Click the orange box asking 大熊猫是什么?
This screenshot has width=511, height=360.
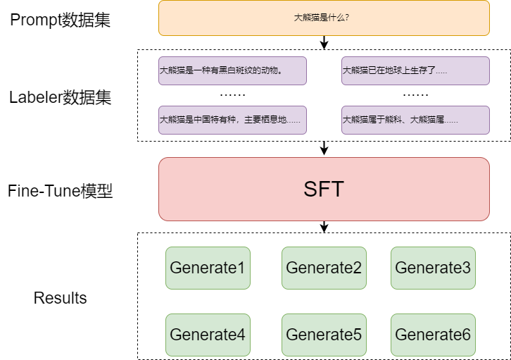(x=324, y=18)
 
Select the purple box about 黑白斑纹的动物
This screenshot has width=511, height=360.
(x=232, y=70)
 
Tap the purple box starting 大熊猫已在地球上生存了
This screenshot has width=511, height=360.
(x=415, y=70)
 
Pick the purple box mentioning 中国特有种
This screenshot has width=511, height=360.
(x=232, y=120)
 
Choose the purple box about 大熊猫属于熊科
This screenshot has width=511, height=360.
(x=415, y=120)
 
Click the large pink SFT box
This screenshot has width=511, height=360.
(x=324, y=189)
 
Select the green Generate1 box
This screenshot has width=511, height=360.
(x=208, y=268)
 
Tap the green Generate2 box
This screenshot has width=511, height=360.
(x=324, y=268)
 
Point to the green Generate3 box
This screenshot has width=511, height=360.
(x=433, y=268)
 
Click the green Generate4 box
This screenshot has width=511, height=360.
(x=208, y=335)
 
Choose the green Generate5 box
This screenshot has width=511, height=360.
(x=324, y=335)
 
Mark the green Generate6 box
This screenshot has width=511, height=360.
(x=433, y=335)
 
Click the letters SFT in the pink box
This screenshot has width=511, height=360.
(x=324, y=189)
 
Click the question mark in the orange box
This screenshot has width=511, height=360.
(x=348, y=18)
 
